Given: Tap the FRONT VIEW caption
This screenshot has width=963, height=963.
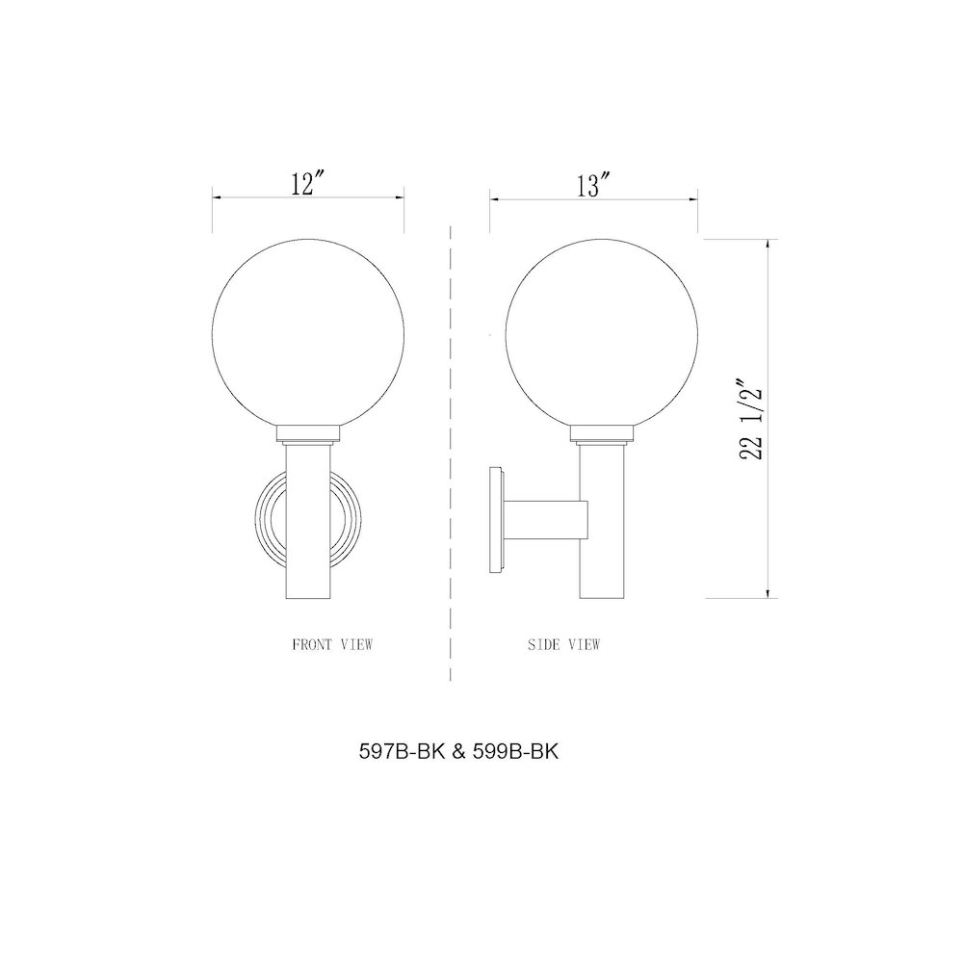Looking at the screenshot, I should [x=332, y=644].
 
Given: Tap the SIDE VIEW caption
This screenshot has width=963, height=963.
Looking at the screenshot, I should [x=564, y=644].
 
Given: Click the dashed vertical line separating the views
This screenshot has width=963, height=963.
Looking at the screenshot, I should [x=452, y=453].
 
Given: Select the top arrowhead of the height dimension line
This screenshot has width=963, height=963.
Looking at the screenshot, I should [x=767, y=244].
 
